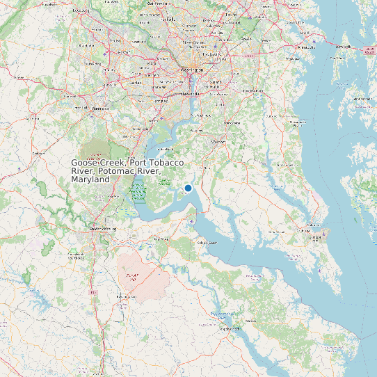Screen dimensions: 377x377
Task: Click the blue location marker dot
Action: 188,188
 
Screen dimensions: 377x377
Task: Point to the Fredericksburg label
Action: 103,229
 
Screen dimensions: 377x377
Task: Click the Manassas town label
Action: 101,109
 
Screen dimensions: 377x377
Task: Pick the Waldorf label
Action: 218,141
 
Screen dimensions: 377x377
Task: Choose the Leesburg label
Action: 81,11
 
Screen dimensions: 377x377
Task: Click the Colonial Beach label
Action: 207,243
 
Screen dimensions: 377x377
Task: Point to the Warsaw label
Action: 250,321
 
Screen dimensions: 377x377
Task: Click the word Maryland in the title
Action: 90,179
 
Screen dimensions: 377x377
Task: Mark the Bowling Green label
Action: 125,296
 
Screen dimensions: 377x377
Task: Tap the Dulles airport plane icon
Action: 104,52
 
